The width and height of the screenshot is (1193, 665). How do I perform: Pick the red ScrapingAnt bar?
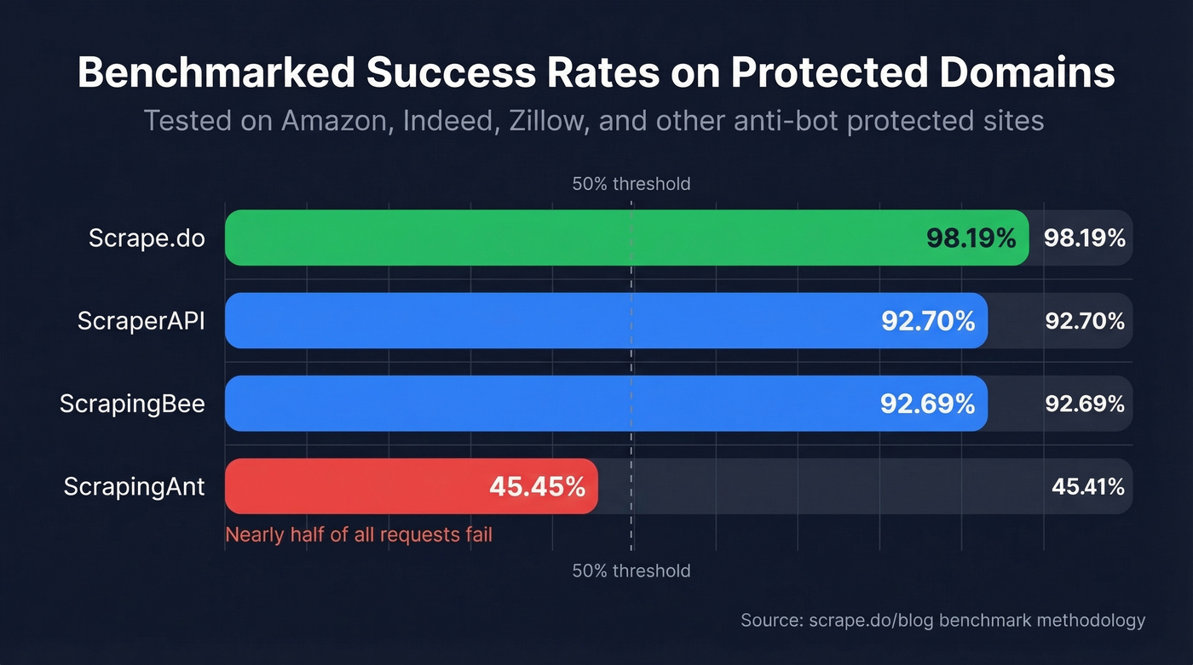pos(358,486)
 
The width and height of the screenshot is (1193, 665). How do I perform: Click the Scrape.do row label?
pos(147,238)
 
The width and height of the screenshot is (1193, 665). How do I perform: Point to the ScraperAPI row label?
pos(141,321)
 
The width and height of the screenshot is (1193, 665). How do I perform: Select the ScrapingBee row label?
pos(132,404)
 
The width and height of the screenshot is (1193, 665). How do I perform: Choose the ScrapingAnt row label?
pos(134,486)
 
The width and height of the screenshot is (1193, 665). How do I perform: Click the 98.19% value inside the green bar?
pos(971,238)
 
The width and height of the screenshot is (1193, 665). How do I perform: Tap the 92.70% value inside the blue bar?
pos(927,321)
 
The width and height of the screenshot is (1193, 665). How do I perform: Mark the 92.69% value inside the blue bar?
pos(927,404)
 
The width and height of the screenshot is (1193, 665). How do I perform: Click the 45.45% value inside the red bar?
pos(537,487)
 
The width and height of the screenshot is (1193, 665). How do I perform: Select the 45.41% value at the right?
pos(1087,487)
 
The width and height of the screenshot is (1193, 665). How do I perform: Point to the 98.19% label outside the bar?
pos(1085,238)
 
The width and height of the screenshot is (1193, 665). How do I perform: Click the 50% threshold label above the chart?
pos(631,184)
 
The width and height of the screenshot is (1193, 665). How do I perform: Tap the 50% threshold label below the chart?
pos(631,570)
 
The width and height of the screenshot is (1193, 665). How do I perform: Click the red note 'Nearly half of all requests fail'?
pos(359,535)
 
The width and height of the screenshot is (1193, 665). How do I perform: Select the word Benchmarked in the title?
pos(216,73)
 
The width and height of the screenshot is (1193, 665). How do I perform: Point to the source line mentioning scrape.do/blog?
pos(942,620)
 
